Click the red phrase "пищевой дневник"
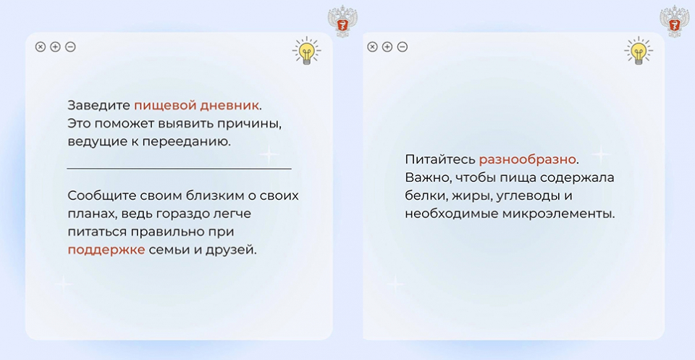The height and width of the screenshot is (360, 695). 196,106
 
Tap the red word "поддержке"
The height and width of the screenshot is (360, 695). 106,250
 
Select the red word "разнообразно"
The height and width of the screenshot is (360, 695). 528,159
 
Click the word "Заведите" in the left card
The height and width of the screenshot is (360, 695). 99,106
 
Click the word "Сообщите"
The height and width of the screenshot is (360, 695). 102,196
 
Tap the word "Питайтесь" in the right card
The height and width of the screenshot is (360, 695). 439,159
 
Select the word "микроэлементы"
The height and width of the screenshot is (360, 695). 558,214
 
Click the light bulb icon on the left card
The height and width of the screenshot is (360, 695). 306,51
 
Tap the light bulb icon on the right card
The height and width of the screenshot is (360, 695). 639,51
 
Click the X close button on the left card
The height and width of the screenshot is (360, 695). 41,46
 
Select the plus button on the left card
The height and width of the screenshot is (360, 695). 56,46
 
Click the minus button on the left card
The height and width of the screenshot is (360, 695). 70,46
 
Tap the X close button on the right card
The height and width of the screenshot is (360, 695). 372,46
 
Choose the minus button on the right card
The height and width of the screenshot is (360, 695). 402,46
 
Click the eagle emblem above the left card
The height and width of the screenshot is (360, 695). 342,21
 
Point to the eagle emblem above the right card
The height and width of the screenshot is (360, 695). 675,21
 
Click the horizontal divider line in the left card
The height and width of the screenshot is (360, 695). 179,169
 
